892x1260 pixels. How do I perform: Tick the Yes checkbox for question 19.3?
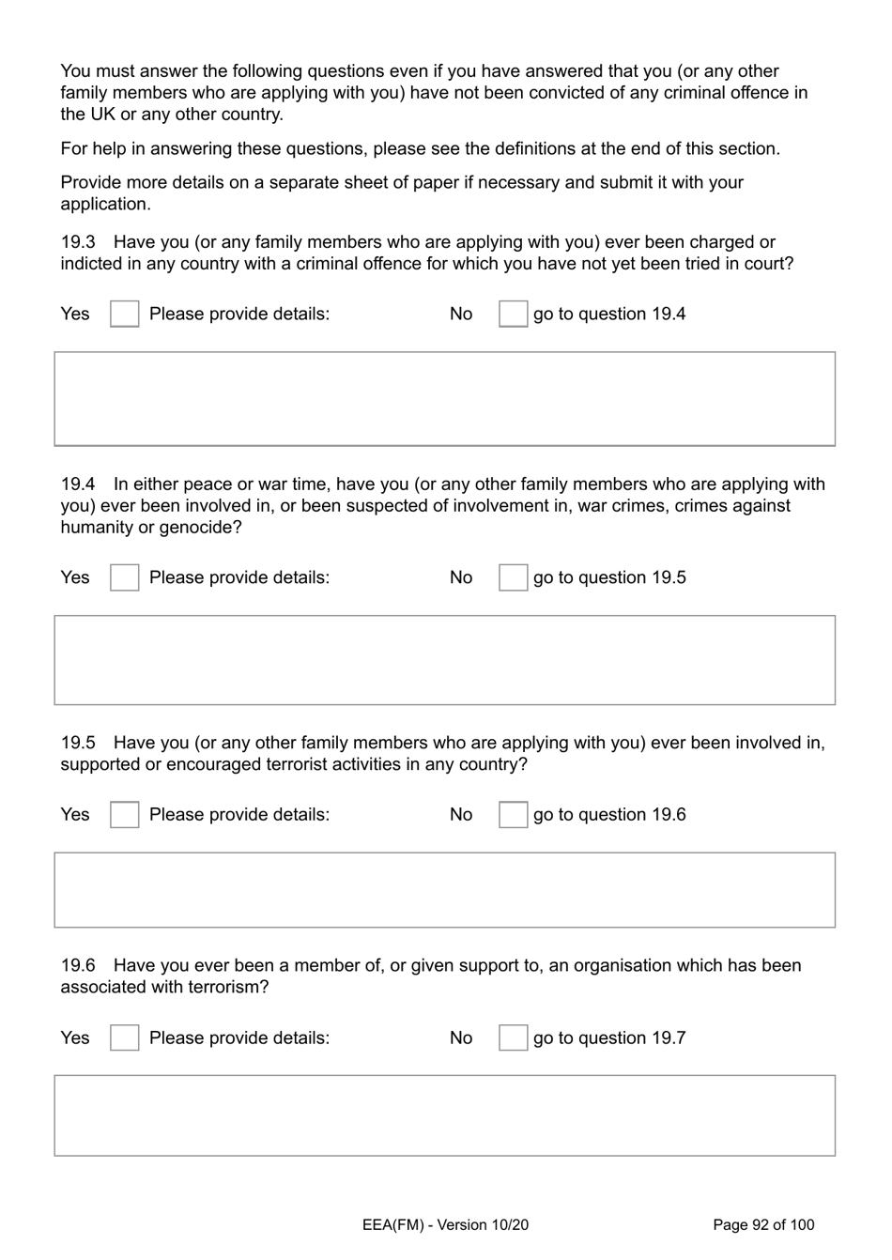[124, 314]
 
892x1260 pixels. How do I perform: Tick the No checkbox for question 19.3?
[513, 314]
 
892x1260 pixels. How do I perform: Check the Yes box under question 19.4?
[124, 577]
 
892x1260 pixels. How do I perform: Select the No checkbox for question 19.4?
[513, 577]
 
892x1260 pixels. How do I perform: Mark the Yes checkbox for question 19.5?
[124, 815]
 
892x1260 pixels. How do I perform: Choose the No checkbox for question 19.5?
[513, 815]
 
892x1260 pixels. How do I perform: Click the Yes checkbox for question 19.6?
[124, 1037]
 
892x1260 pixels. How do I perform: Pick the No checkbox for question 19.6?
[513, 1037]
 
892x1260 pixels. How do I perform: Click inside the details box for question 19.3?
[444, 398]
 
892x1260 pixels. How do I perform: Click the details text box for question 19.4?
[444, 660]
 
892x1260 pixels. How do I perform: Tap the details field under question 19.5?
[444, 890]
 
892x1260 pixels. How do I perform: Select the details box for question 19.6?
[444, 1115]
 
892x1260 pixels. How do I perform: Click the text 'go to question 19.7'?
[609, 1037]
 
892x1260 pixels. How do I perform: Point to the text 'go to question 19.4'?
[609, 314]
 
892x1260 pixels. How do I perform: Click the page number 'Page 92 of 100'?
[763, 1224]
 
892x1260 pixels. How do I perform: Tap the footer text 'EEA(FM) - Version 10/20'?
[445, 1224]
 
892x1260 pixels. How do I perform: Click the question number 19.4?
[78, 484]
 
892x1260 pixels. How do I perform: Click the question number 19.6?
[78, 965]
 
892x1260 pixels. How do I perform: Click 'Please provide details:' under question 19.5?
[239, 815]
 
